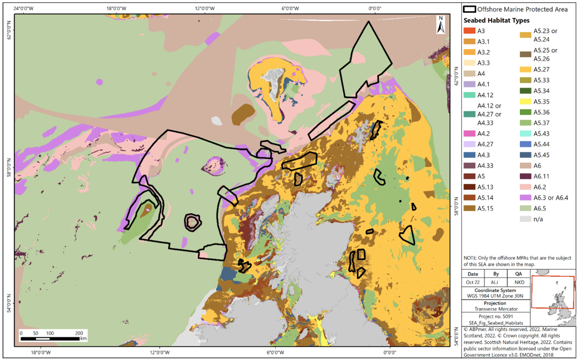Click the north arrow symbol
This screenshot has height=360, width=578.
[x=441, y=25]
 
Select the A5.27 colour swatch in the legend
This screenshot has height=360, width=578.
[x=525, y=69]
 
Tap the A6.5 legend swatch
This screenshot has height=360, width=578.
[x=525, y=208]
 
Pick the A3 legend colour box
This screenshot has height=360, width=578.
[x=469, y=31]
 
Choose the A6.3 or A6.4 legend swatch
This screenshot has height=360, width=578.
[x=525, y=198]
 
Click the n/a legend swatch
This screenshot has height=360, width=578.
[x=525, y=219]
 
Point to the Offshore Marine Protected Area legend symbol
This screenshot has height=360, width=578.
[x=469, y=9]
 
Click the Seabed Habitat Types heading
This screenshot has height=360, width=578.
[x=496, y=20]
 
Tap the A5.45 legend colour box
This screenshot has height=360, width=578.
[x=525, y=155]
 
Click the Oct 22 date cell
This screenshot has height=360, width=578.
[x=473, y=282]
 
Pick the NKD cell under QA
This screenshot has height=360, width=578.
[x=519, y=282]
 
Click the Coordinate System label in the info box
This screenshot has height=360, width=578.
[x=496, y=290]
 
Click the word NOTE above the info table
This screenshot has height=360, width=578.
[x=471, y=258]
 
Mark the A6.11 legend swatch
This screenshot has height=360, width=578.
[x=525, y=176]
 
